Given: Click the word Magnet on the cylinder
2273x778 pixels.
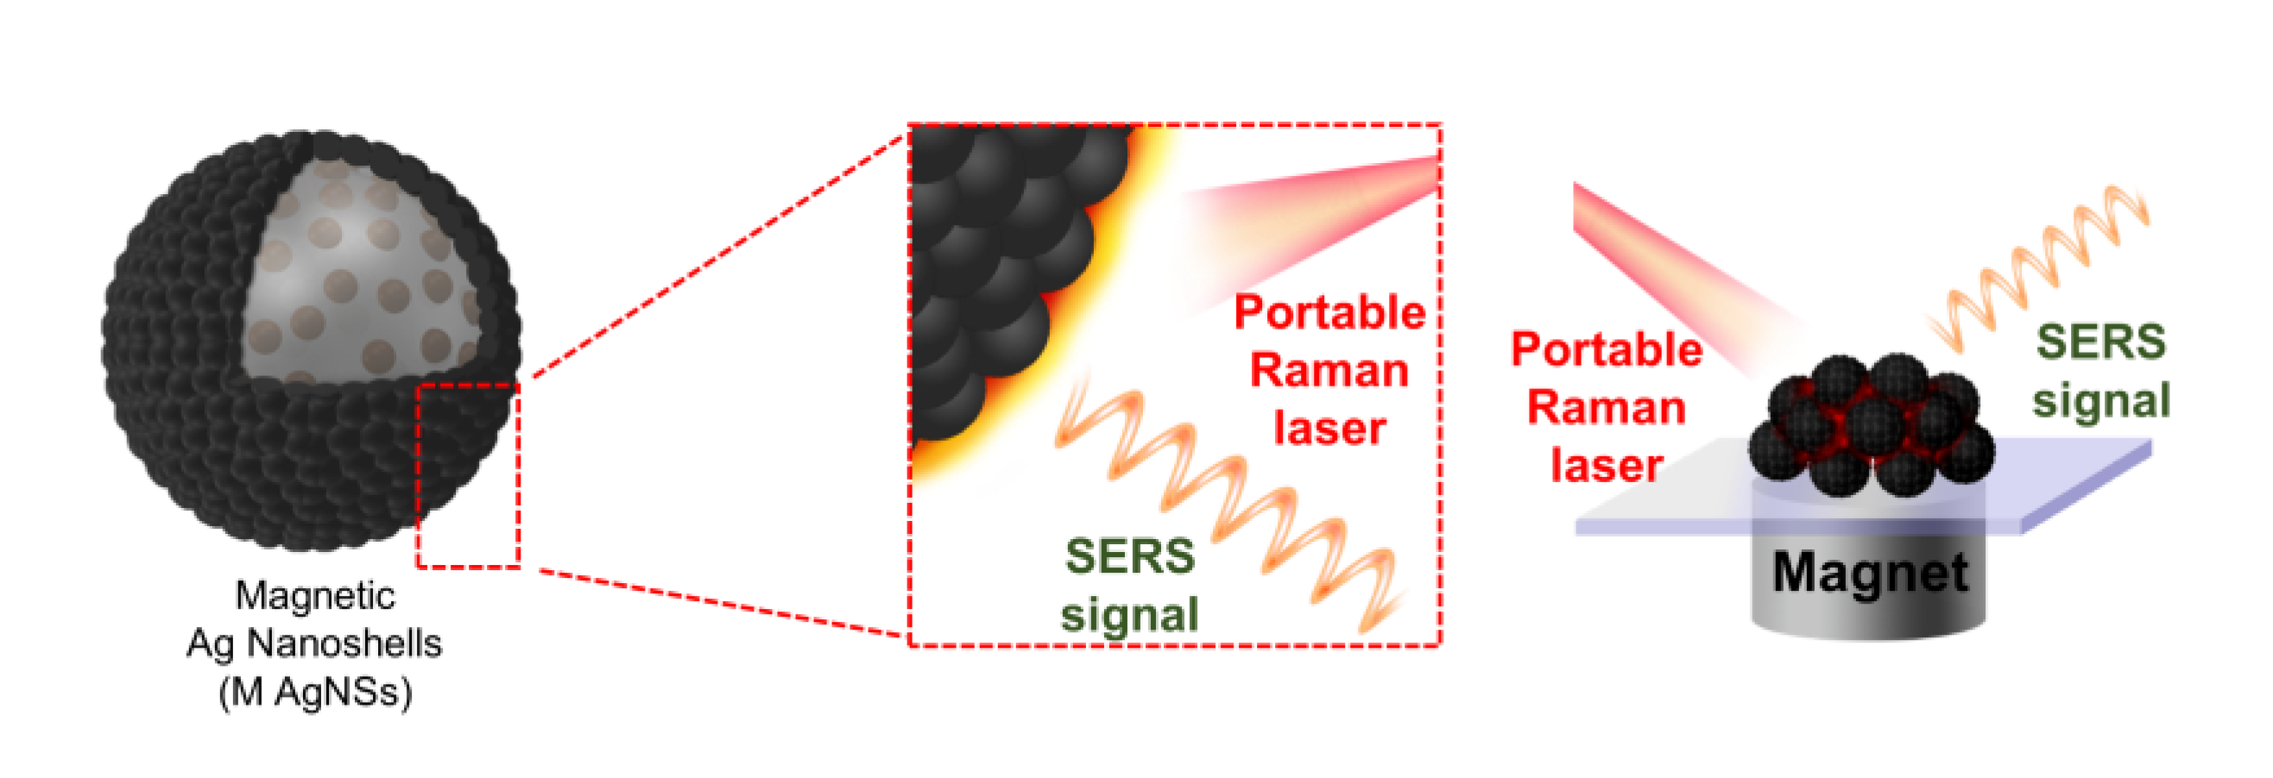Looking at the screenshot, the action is pos(1870,574).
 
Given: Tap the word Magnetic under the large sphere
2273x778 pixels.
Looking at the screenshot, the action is pos(314,596).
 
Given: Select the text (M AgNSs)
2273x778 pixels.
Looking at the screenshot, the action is pos(315,693).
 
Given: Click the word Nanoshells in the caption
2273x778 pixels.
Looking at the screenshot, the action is pos(344,644).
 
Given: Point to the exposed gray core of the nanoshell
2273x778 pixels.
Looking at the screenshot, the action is pos(353,273).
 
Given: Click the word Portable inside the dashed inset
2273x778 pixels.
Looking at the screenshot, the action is pos(1329,313).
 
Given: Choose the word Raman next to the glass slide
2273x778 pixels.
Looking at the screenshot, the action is pos(1606,408).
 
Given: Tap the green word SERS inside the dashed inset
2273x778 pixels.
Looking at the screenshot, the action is pos(1129,556).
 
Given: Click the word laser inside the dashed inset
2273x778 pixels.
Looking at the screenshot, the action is pos(1329,429).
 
